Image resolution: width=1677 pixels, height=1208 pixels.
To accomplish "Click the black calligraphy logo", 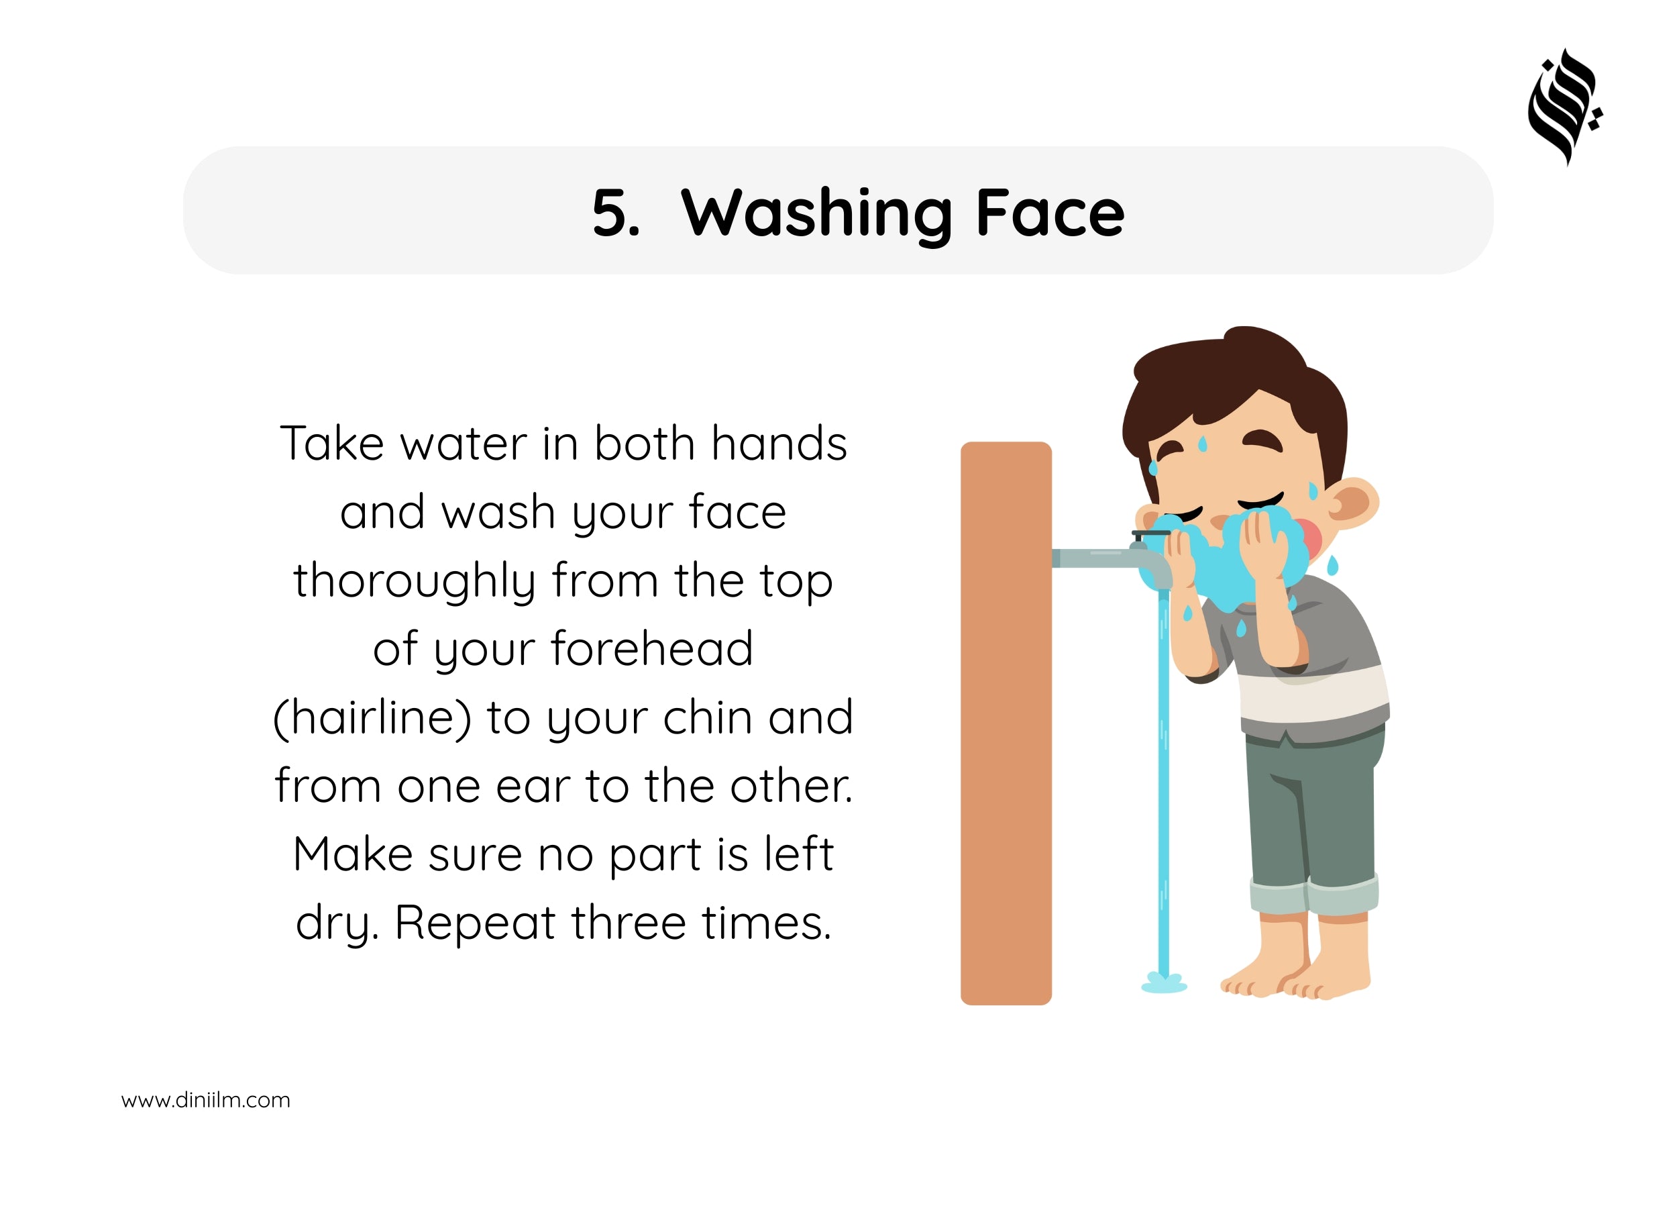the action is (1564, 107).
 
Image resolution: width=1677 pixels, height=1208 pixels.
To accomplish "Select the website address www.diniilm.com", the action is (205, 1100).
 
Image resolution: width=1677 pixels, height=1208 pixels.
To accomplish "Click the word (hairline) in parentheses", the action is (372, 717).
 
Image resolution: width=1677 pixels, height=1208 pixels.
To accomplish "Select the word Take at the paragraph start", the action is (332, 444).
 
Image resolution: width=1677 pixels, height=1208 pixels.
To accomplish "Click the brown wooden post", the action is (1006, 723).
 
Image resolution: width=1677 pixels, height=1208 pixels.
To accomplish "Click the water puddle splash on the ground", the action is (1164, 984).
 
